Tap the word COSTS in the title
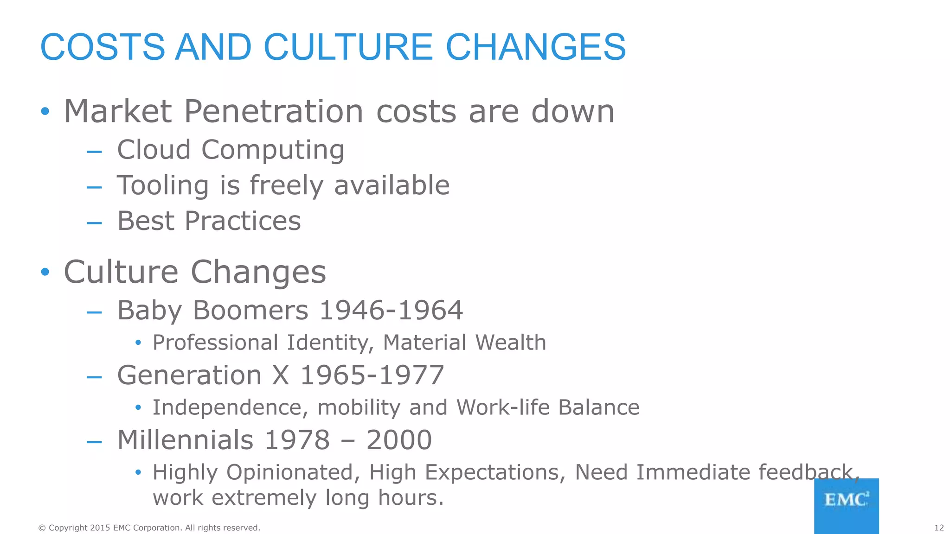pos(103,47)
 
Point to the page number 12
pos(939,528)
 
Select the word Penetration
pos(274,112)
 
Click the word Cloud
pos(154,150)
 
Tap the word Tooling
pos(162,185)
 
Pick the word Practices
pos(243,221)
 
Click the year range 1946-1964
pos(391,310)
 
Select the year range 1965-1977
pos(372,375)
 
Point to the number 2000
pos(399,440)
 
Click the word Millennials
pos(185,440)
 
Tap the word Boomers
pos(250,310)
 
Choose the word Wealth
pos(510,343)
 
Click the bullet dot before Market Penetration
pos(45,111)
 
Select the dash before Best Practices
pos(94,222)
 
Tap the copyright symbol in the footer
pos(42,528)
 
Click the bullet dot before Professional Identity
pos(138,343)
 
